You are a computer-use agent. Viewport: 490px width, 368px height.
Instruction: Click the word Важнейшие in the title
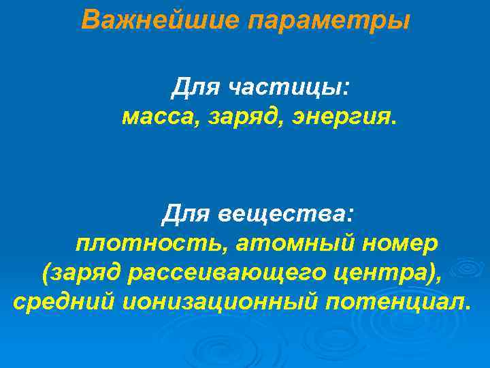(x=161, y=20)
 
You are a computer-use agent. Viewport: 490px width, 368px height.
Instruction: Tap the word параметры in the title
(x=329, y=21)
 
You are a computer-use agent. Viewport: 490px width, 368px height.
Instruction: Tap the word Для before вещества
(x=186, y=214)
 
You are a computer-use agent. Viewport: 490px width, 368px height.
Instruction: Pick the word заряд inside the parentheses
(x=84, y=273)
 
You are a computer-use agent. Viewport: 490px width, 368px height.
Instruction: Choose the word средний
(x=64, y=301)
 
